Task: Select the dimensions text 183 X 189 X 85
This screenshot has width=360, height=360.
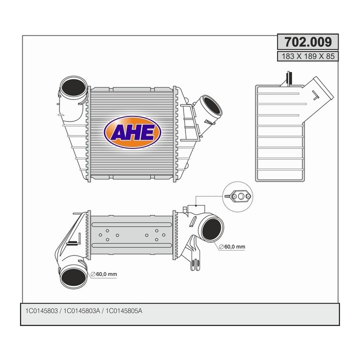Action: pyautogui.click(x=307, y=56)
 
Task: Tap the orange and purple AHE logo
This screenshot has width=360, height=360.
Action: pyautogui.click(x=132, y=132)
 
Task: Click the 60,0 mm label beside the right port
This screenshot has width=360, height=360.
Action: pyautogui.click(x=233, y=247)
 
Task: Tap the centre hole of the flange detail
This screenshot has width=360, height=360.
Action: pyautogui.click(x=241, y=196)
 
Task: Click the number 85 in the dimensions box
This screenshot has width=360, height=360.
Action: pyautogui.click(x=329, y=56)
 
